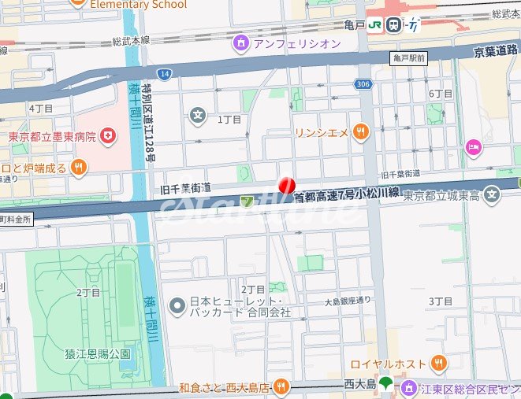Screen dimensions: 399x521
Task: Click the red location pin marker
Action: [x=287, y=186]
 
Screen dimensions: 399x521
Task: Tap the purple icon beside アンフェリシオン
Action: [x=241, y=43]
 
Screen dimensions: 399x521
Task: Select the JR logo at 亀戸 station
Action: [x=394, y=24]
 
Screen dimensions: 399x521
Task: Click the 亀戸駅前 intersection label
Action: [x=409, y=58]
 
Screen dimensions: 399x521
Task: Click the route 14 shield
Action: [x=164, y=74]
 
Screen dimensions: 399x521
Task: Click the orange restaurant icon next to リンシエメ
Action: [x=361, y=132]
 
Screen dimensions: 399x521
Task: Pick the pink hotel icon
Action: [x=473, y=146]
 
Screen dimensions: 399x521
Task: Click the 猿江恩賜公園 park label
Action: [x=98, y=355]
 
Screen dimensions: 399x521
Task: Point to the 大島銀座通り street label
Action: [x=347, y=301]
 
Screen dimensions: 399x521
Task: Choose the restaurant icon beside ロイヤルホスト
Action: [x=438, y=363]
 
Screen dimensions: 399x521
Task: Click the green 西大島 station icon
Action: [x=385, y=384]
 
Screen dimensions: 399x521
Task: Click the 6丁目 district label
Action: [x=441, y=94]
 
